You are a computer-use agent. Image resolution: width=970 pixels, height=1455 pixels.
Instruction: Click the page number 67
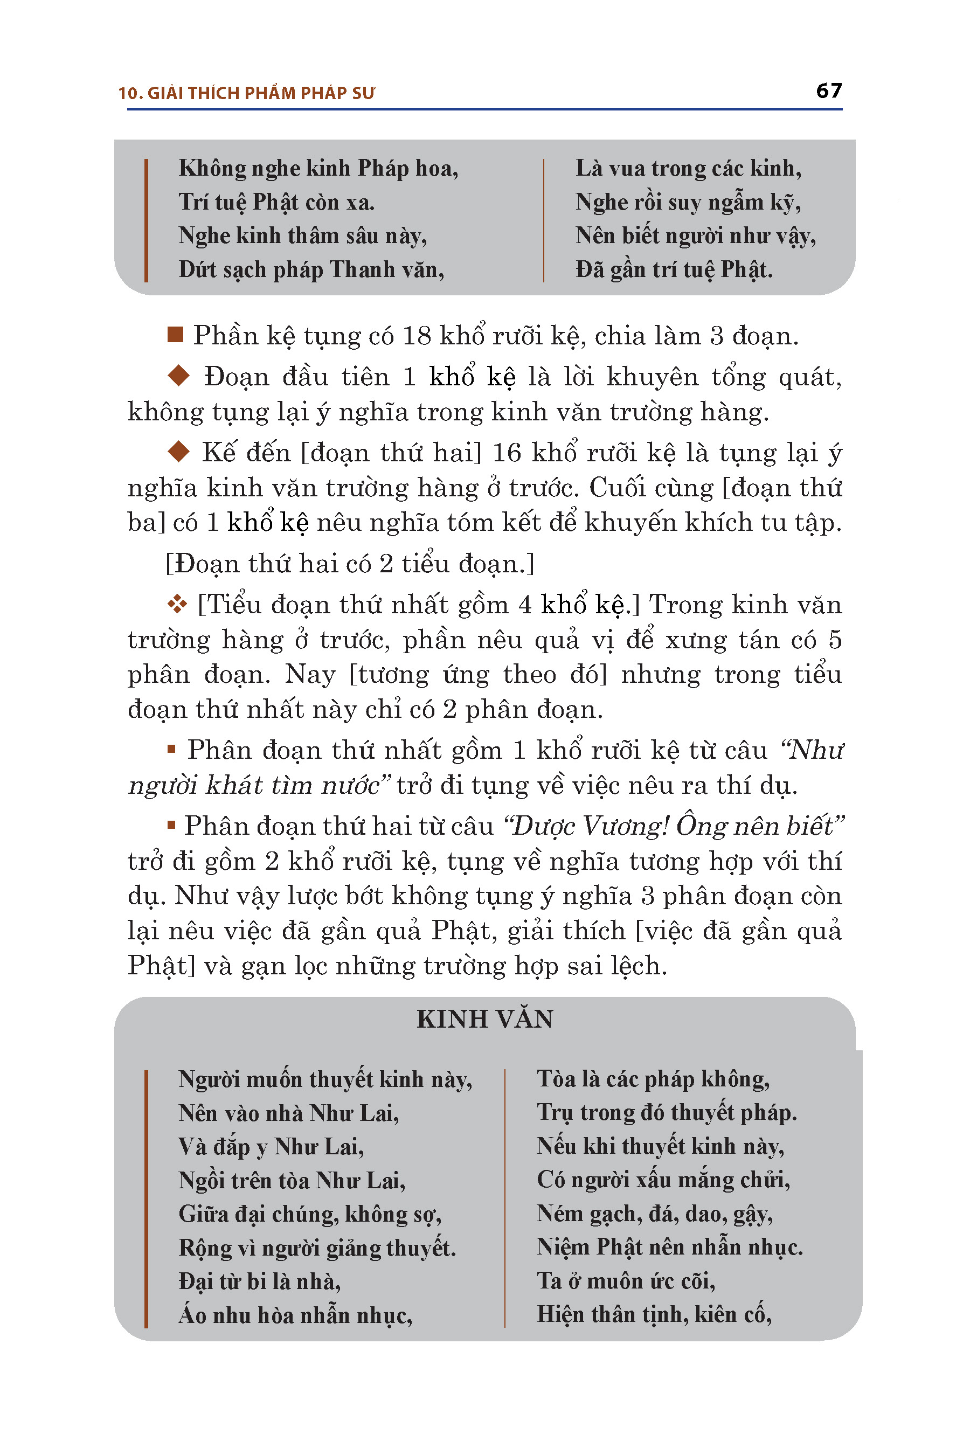coord(828,91)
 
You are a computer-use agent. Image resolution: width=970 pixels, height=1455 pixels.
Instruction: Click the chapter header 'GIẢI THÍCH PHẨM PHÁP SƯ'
coord(261,93)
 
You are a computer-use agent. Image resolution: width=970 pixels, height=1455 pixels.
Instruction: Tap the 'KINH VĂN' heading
coord(484,1020)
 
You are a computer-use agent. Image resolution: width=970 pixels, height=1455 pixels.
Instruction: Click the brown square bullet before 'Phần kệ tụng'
coord(176,335)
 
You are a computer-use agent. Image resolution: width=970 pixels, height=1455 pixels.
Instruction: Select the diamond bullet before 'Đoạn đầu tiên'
coord(179,376)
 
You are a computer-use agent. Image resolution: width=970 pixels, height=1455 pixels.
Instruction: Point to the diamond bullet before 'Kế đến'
coord(179,452)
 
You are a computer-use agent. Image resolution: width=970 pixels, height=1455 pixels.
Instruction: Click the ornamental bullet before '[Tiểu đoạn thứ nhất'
coord(177,604)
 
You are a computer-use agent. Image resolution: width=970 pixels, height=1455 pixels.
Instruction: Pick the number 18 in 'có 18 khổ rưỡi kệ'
coord(417,336)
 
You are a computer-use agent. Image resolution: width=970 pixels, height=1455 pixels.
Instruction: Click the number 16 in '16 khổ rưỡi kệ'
coord(507,453)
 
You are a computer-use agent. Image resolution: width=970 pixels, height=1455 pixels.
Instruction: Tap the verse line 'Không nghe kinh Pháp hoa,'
coord(318,168)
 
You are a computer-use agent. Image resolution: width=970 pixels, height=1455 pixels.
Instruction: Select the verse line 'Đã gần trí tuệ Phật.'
coord(674,270)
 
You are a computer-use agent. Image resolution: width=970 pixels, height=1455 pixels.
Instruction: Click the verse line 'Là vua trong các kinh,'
coord(688,168)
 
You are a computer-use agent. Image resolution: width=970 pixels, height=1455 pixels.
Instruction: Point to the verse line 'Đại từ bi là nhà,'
coord(259,1280)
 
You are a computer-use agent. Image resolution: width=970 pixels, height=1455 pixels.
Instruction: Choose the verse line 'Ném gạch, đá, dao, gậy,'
coord(655,1213)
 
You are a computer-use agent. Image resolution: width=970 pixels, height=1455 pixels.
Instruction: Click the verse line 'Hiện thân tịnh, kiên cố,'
coord(654,1314)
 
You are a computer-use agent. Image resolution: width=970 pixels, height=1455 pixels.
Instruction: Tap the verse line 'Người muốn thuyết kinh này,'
coord(325,1079)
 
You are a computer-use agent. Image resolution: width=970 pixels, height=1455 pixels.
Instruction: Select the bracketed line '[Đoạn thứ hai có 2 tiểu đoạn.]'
coord(350,564)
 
